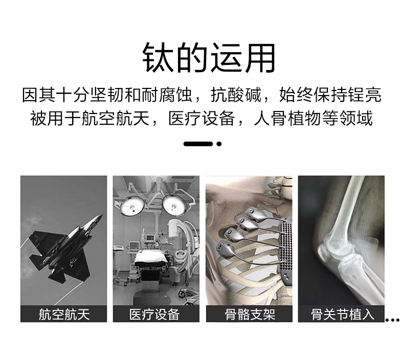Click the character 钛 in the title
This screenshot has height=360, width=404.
pos(158,58)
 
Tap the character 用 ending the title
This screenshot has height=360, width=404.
pos(260,58)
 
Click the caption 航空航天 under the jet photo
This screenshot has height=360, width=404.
pos(64,314)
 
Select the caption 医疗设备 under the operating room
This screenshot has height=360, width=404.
pos(154,314)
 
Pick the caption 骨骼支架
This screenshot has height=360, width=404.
pos(250,314)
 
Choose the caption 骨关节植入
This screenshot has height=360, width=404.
pos(343,314)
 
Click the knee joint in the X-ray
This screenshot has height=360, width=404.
pos(335,251)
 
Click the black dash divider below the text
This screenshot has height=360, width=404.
pos(198,144)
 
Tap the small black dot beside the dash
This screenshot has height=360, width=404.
pos(219,144)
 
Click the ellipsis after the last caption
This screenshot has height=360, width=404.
pos(392,320)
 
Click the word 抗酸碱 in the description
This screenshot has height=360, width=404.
pos(236,95)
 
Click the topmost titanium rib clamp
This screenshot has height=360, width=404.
pos(254,214)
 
